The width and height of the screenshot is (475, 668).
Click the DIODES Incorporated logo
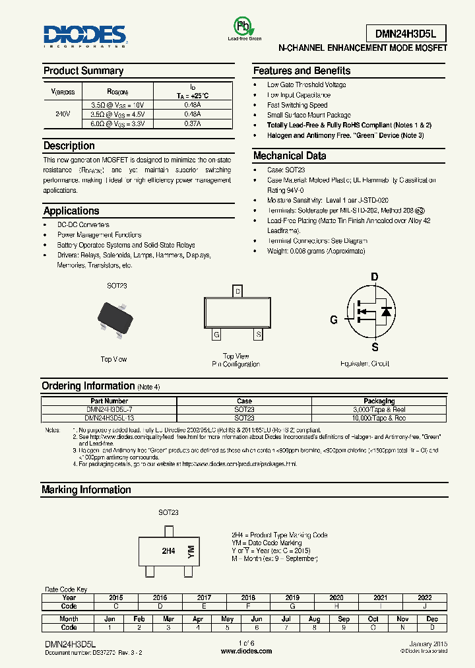[x=84, y=36]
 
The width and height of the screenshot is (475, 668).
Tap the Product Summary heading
[x=83, y=71]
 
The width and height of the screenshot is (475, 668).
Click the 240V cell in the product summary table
[x=63, y=114]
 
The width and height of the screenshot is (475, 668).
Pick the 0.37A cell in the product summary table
[x=193, y=123]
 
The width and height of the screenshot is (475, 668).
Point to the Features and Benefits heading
[x=301, y=71]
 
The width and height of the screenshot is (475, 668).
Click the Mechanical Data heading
[x=290, y=156]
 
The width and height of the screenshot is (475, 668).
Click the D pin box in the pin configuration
[x=238, y=291]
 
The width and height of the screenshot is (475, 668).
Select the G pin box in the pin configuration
[x=216, y=335]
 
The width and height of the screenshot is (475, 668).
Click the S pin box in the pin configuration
[x=259, y=335]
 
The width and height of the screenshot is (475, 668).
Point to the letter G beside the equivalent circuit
[x=334, y=319]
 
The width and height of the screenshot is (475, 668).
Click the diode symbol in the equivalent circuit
[x=387, y=312]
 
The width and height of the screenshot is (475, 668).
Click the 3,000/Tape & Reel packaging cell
[x=379, y=409]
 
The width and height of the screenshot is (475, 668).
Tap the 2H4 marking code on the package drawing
[x=168, y=551]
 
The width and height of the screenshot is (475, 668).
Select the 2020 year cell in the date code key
[x=335, y=597]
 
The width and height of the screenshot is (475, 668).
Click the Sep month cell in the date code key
[x=344, y=619]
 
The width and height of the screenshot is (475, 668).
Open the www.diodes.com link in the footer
[x=246, y=651]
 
